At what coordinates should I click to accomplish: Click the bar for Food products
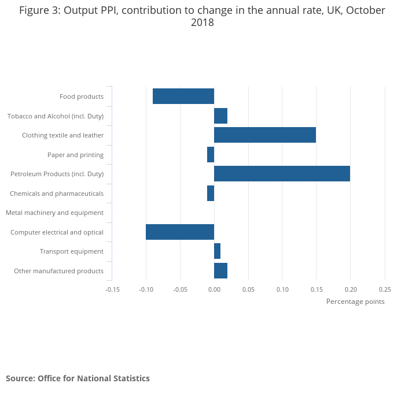(x=183, y=96)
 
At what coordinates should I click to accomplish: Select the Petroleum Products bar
(x=282, y=174)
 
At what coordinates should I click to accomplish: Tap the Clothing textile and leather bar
(x=265, y=135)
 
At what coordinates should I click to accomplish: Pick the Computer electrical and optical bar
(x=180, y=232)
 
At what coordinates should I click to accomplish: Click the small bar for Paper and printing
(x=211, y=155)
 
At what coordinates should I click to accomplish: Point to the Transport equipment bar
(x=217, y=251)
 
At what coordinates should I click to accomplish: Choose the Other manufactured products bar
(x=220, y=271)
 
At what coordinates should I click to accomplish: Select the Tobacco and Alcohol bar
(x=220, y=116)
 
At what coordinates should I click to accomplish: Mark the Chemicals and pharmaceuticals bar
(x=211, y=194)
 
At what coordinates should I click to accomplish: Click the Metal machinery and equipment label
(x=55, y=213)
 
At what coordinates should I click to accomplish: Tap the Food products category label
(x=82, y=96)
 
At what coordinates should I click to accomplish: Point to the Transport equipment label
(x=72, y=251)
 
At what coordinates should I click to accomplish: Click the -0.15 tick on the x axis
(x=112, y=289)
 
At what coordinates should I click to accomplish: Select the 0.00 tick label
(x=214, y=289)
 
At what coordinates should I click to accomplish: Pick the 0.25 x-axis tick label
(x=385, y=289)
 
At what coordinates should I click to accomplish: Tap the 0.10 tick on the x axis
(x=282, y=289)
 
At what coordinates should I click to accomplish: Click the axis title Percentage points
(x=355, y=302)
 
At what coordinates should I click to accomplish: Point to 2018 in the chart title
(x=203, y=23)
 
